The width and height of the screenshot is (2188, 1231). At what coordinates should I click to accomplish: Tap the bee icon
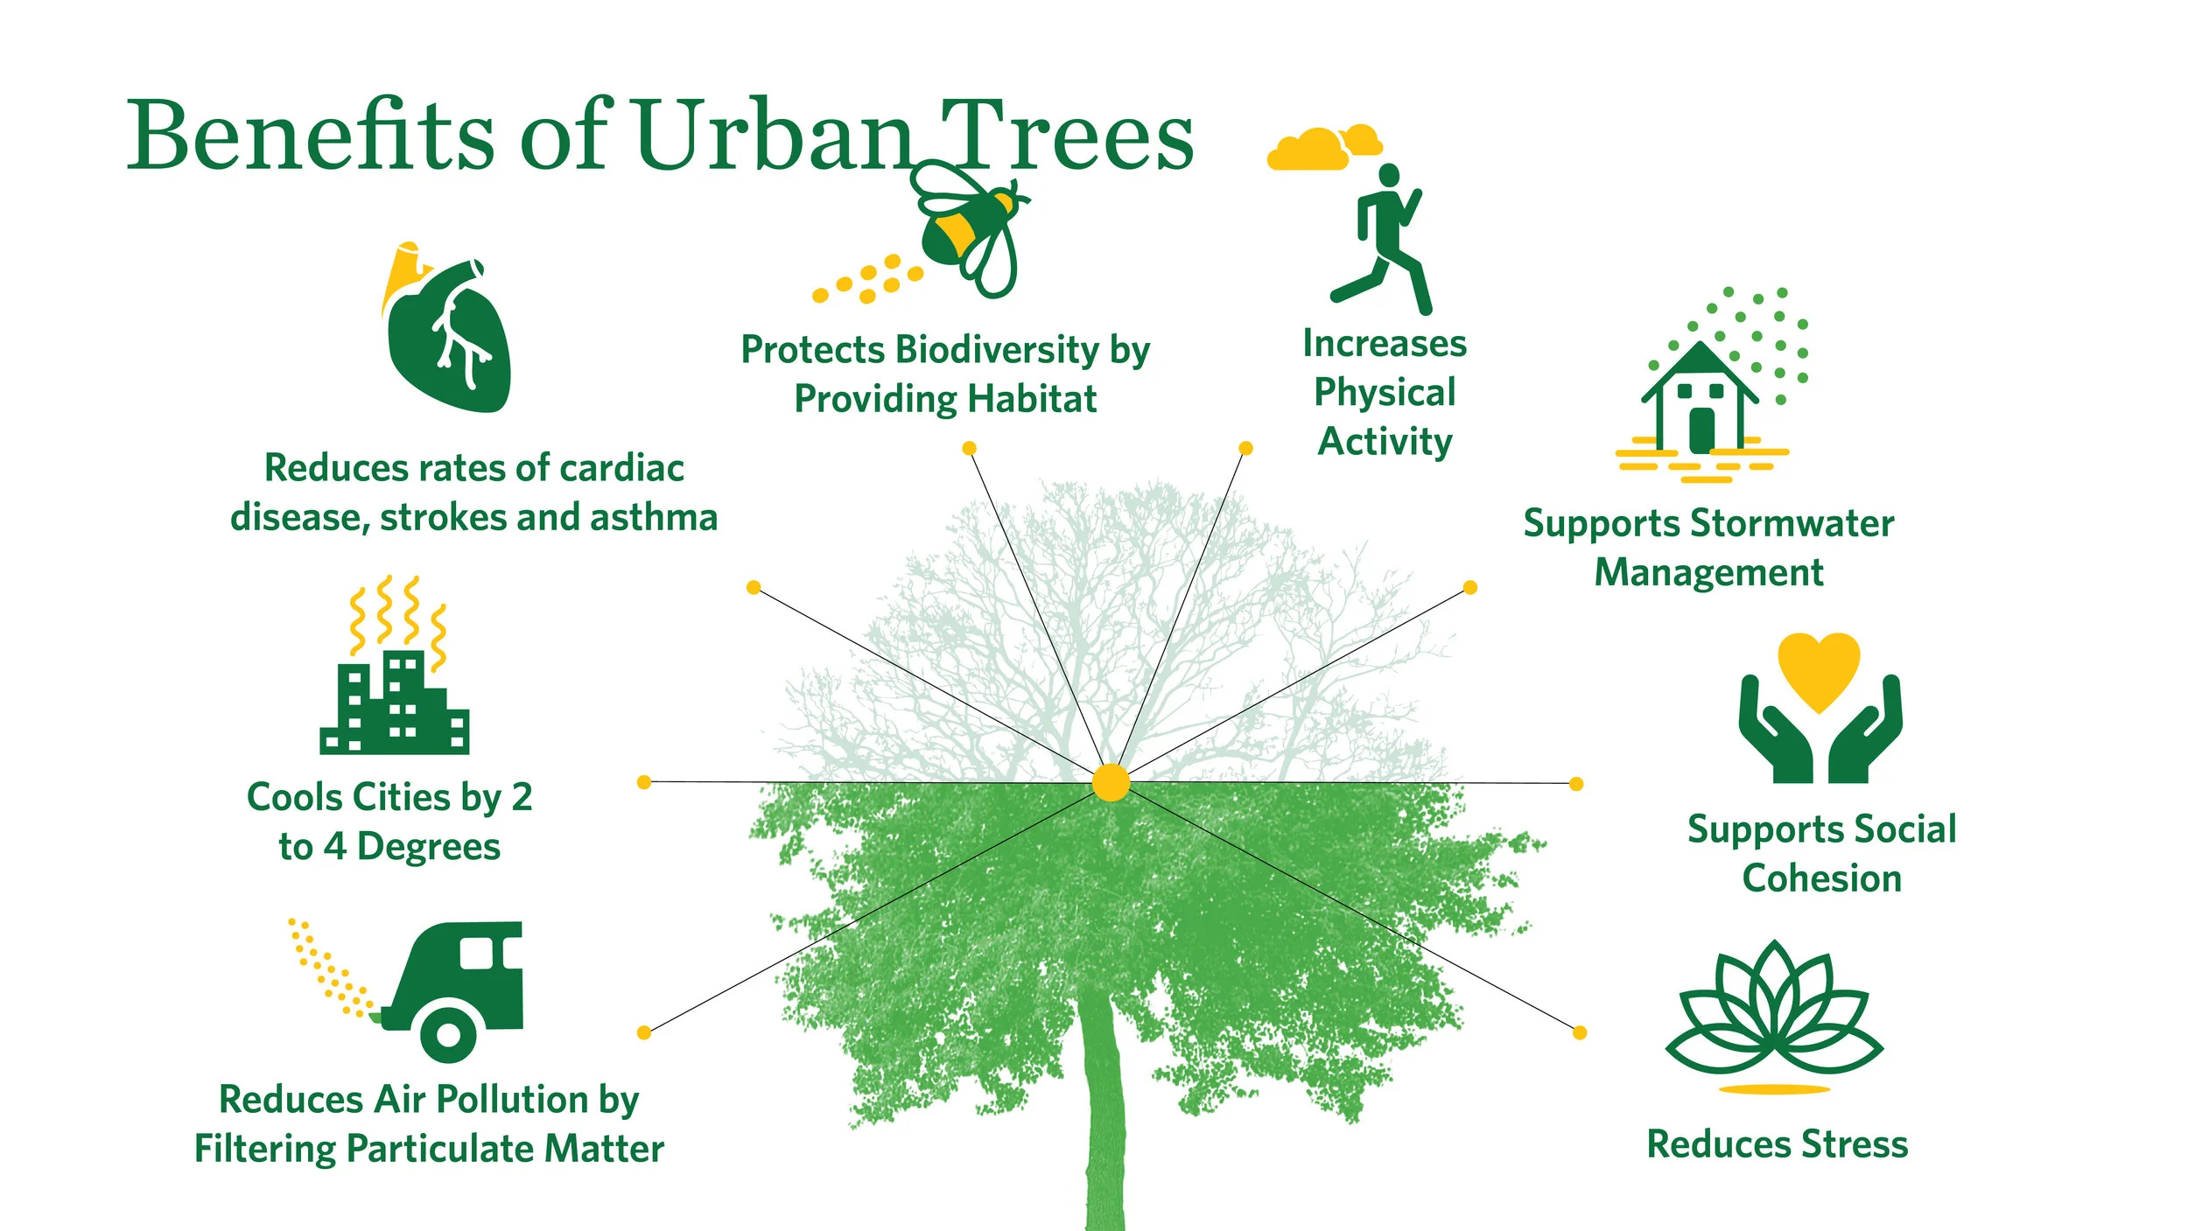click(967, 227)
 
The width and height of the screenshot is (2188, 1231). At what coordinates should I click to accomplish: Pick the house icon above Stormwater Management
click(1700, 398)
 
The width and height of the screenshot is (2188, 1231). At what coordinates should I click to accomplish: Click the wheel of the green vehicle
click(448, 1034)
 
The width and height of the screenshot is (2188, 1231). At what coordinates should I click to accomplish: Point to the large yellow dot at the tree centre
click(1111, 782)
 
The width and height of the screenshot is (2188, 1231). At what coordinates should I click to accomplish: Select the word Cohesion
click(1821, 879)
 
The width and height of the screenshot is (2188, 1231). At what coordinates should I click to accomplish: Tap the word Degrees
click(428, 847)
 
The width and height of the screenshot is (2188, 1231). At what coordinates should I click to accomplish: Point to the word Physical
click(1385, 393)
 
